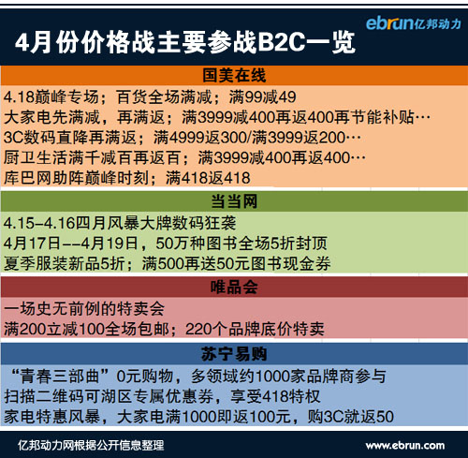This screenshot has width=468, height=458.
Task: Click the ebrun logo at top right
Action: pos(414,23)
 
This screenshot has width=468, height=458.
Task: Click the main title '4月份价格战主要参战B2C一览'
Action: pos(185,42)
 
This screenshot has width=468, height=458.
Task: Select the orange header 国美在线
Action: pos(234,75)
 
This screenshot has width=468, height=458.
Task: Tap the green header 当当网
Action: pos(234,201)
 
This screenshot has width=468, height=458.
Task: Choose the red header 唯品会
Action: pos(234,287)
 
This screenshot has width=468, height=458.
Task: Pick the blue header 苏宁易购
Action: pos(234,354)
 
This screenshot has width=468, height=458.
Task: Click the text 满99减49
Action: pos(262,96)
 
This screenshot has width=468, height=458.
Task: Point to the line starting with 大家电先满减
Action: pos(217,117)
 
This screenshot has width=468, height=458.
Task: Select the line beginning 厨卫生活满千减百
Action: pos(184,157)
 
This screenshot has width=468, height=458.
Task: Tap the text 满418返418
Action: pos(208,178)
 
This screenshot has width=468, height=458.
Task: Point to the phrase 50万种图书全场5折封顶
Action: pos(241,244)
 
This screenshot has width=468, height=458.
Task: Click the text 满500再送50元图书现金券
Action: pos(236,263)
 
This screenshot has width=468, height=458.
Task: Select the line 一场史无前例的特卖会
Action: pos(84,309)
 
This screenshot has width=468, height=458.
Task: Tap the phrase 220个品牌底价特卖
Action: pos(255,329)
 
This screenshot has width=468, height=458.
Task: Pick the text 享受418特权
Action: pos(275,396)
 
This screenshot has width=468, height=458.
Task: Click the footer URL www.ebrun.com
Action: pos(405,445)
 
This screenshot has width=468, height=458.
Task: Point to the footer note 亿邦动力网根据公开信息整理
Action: pos(91,445)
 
